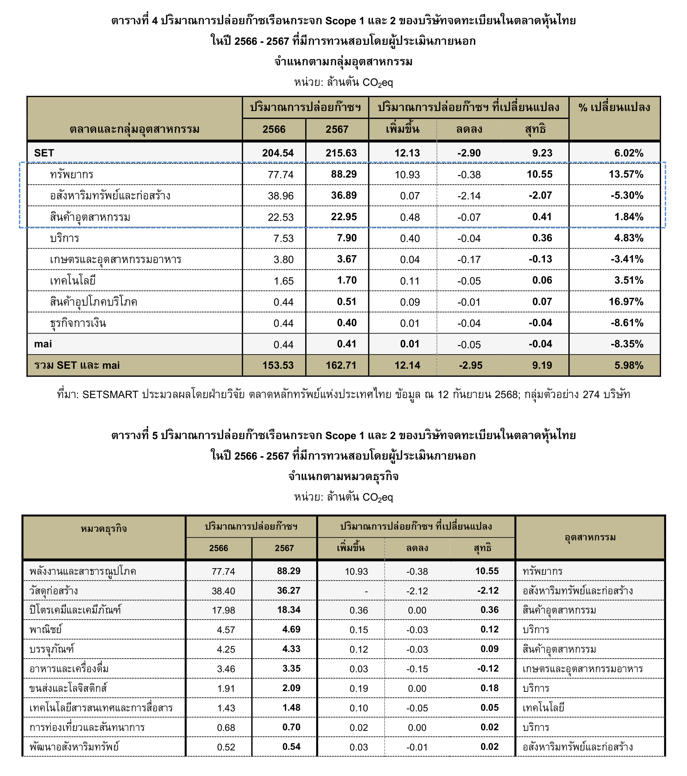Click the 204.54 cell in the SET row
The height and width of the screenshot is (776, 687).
(x=278, y=153)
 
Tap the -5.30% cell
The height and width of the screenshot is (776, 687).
(x=627, y=196)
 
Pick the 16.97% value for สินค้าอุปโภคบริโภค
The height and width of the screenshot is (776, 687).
(x=626, y=302)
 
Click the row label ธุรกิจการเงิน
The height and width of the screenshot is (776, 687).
(x=78, y=323)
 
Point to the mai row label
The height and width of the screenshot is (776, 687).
(x=43, y=344)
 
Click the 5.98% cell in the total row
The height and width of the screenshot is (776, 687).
(x=629, y=365)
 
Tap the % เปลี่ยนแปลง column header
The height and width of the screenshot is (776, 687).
(x=614, y=108)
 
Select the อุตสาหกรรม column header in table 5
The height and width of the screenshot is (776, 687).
(x=590, y=537)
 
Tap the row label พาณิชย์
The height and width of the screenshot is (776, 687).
(x=45, y=629)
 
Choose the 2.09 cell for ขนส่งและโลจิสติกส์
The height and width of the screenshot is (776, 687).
(x=291, y=688)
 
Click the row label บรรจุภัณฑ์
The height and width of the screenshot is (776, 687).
(x=52, y=649)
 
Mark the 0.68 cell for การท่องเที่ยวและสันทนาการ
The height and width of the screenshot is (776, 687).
(x=226, y=727)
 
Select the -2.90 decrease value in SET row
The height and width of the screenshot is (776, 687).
(x=469, y=153)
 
